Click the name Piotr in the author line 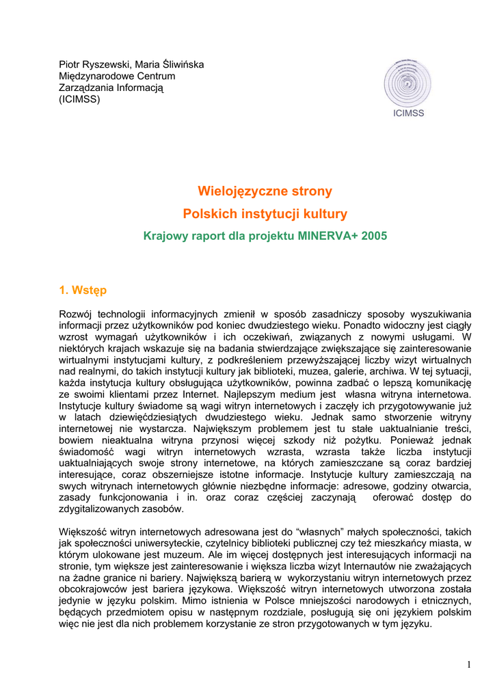pyautogui.click(x=70, y=65)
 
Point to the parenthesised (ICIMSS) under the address pyautogui.click(x=79, y=100)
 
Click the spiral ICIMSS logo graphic pyautogui.click(x=408, y=82)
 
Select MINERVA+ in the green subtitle pyautogui.click(x=327, y=236)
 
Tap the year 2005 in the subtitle pyautogui.click(x=373, y=236)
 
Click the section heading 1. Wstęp pyautogui.click(x=83, y=291)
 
